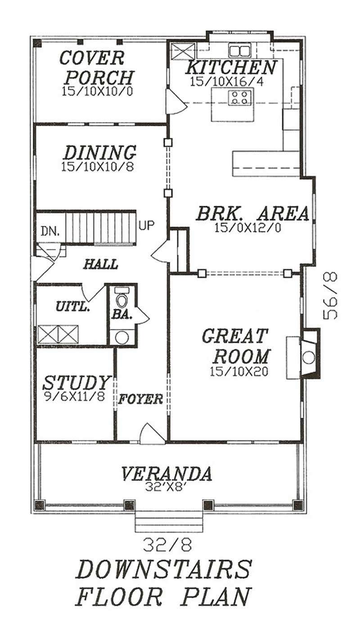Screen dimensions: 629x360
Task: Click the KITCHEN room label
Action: click(x=231, y=68)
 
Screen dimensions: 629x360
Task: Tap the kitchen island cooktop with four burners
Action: click(x=239, y=98)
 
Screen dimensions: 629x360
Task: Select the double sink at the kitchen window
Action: click(x=239, y=50)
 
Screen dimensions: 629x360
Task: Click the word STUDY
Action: click(x=76, y=383)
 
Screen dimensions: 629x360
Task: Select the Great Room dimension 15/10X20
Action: click(x=238, y=371)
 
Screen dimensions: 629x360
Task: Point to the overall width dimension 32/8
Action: click(x=168, y=545)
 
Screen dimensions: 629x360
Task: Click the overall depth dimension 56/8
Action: click(x=331, y=295)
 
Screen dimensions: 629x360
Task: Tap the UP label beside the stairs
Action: click(x=147, y=225)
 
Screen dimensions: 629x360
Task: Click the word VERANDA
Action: click(x=166, y=474)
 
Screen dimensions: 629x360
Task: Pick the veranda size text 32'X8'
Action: click(x=166, y=486)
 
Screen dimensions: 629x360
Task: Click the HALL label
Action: click(x=100, y=264)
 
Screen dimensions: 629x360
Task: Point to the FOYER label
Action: click(x=140, y=399)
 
